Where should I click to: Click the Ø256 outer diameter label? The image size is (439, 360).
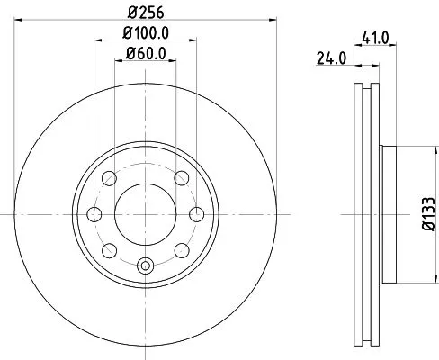pyautogui.click(x=146, y=12)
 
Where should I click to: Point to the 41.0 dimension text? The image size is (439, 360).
pyautogui.click(x=372, y=40)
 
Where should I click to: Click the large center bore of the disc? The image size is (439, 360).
pyautogui.click(x=146, y=215)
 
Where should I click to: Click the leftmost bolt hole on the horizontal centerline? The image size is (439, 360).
pyautogui.click(x=93, y=215)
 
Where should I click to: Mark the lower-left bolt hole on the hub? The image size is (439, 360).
pyautogui.click(x=108, y=251)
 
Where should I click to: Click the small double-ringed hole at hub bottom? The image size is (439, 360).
pyautogui.click(x=146, y=266)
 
